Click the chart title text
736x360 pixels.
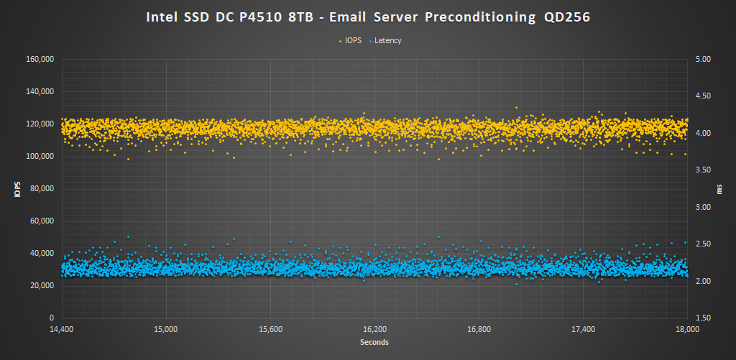point(367,17)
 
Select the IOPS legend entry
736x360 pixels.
point(353,41)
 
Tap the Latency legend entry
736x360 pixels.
point(387,41)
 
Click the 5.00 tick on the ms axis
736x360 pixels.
point(700,59)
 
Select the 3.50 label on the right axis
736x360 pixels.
point(700,170)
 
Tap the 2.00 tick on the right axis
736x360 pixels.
point(700,281)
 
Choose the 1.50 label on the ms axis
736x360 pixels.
point(700,318)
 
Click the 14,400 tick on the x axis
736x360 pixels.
point(61,330)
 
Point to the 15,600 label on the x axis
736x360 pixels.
point(270,330)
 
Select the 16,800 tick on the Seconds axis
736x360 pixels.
point(479,330)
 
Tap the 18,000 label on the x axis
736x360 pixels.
point(688,330)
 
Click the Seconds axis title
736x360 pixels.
point(374,343)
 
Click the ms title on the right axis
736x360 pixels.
point(719,189)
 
